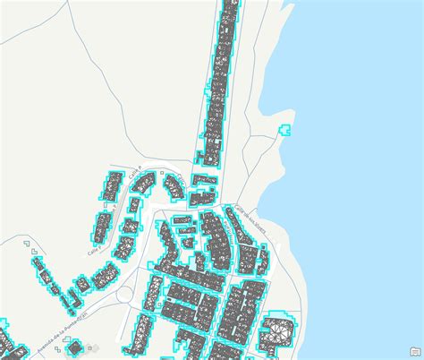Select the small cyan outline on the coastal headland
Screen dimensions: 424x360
coord(286,130)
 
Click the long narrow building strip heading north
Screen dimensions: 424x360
coord(219,81)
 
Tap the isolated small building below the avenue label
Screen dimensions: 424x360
coord(75,347)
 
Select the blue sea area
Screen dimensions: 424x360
coord(367,179)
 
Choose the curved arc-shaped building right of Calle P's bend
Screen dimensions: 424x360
coord(171,186)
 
